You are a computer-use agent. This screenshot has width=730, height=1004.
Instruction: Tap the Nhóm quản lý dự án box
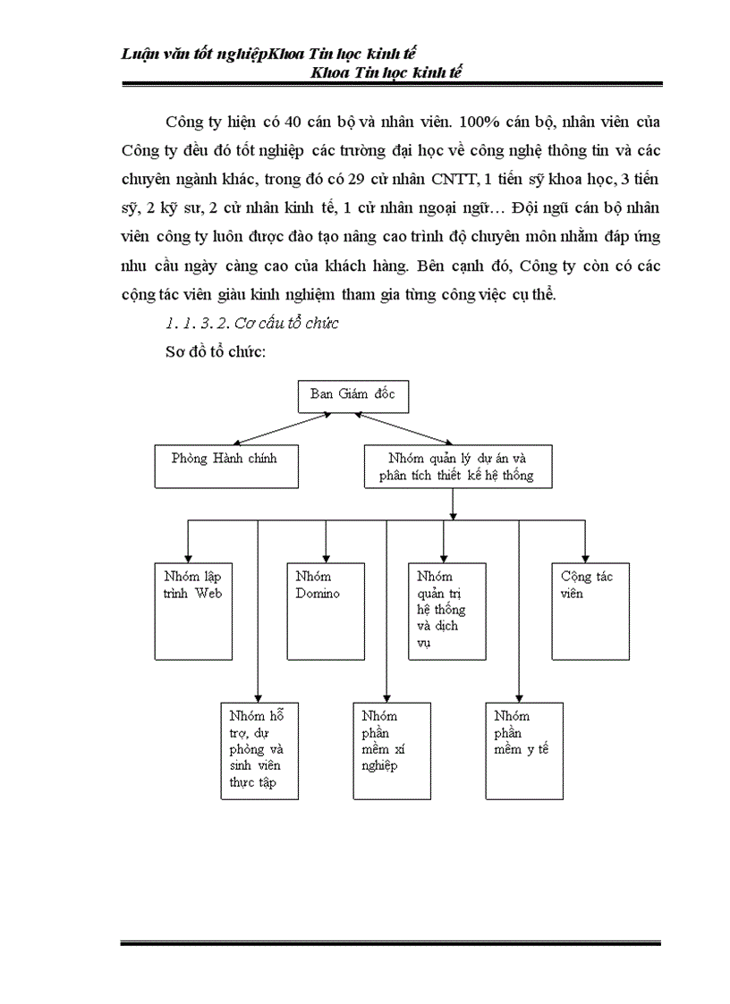[x=457, y=467]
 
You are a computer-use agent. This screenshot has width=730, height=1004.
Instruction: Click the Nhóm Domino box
[x=325, y=610]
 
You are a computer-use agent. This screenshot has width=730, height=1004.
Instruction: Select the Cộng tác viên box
[x=585, y=610]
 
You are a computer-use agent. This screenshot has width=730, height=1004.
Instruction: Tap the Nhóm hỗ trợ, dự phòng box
[x=259, y=749]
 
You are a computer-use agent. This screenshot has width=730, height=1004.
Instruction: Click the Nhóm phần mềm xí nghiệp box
[x=387, y=749]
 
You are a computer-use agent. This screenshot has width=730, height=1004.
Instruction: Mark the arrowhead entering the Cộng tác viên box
[x=585, y=556]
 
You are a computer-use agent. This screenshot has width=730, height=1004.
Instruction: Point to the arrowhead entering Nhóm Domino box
[x=325, y=556]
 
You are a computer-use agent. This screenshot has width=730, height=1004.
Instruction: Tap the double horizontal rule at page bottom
[x=390, y=942]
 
